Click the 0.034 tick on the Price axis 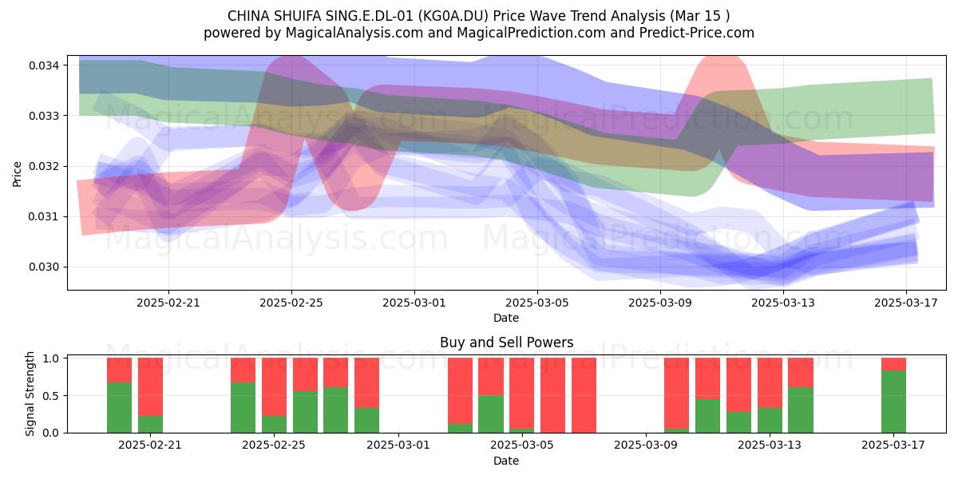(44, 65)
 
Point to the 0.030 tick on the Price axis (44, 267)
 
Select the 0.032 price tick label (44, 166)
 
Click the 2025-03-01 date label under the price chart (414, 303)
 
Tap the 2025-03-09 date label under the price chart (660, 303)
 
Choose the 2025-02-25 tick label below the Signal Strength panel (274, 445)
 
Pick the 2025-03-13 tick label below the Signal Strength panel (770, 445)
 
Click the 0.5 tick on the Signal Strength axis (51, 396)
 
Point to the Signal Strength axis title (30, 394)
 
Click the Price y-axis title (17, 174)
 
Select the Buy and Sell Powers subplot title (506, 342)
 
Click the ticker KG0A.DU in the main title (453, 16)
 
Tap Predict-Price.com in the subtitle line (697, 33)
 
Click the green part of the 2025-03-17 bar (893, 402)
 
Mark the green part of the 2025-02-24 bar (243, 408)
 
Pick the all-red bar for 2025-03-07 (584, 395)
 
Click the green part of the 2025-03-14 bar (801, 410)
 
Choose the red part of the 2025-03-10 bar (677, 393)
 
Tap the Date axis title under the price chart (506, 318)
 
